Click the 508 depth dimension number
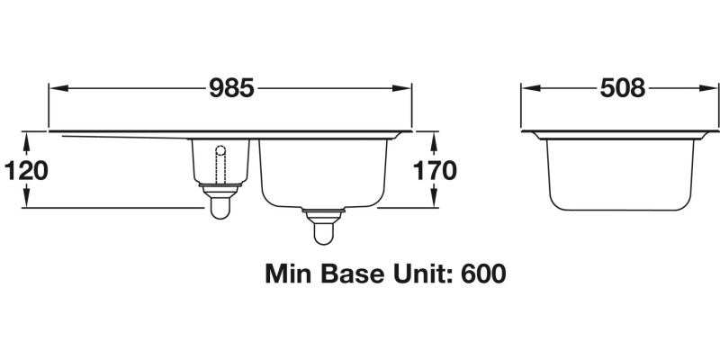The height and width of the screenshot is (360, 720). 622,88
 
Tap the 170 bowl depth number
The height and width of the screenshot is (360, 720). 436,171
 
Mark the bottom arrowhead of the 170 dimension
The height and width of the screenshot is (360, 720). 435,202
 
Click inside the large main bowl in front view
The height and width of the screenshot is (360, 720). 324,171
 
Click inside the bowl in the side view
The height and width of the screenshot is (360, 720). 621,171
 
